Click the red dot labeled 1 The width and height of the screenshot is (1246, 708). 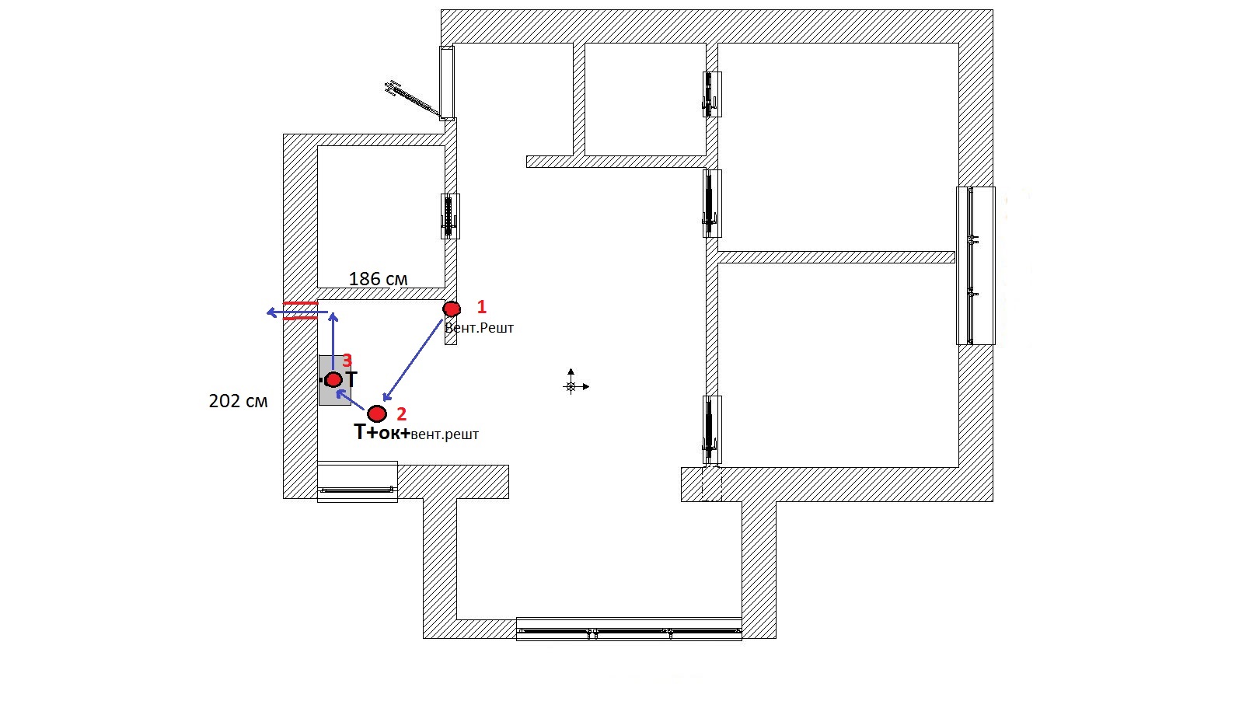coord(452,309)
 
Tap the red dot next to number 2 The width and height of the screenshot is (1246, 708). coord(377,413)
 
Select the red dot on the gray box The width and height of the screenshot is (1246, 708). coord(333,380)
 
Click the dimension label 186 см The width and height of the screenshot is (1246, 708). coord(379,279)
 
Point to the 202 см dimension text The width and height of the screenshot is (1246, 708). coord(238,401)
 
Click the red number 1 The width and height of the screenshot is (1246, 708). coord(482,306)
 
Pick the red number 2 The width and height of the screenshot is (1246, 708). coord(402,413)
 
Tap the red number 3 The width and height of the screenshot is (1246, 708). coord(347,361)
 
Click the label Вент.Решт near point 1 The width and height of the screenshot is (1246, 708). coord(479,328)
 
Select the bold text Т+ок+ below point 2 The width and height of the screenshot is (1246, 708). coord(382,432)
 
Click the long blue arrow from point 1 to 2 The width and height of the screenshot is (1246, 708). coord(414,360)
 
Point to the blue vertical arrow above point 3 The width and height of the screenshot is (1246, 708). coord(333,342)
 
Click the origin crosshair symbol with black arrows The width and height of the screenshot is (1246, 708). coord(575,383)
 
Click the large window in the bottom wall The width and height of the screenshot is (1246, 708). coord(629,629)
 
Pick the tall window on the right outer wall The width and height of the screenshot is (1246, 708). coord(975,266)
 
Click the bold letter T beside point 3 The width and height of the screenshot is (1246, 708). coord(351,378)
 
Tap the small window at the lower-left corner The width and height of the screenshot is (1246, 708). coord(357,482)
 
